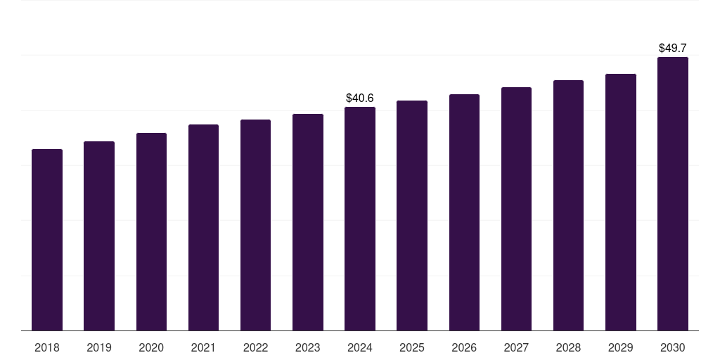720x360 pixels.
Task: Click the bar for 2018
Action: (47, 240)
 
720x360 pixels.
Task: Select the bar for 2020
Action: (151, 231)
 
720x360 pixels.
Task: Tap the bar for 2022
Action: (255, 225)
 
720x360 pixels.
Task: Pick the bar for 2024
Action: (360, 219)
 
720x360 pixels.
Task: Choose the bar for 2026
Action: (464, 212)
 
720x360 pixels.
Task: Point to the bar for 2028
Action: (568, 205)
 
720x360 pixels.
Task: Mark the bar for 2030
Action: (673, 193)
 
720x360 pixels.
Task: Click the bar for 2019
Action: (99, 236)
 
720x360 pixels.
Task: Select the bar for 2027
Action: (516, 209)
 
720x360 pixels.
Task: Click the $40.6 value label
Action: (360, 98)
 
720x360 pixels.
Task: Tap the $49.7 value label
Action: (673, 48)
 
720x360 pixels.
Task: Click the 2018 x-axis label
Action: (47, 347)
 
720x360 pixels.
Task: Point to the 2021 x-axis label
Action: (203, 347)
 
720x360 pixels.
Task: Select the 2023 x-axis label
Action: (308, 347)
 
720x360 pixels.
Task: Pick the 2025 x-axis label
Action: (412, 347)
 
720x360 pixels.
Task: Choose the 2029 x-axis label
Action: (621, 347)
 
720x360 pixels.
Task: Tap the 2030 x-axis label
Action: (673, 347)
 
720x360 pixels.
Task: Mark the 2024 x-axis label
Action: (360, 347)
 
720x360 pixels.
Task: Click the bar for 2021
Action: (203, 227)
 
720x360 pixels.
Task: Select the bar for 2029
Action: (621, 202)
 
